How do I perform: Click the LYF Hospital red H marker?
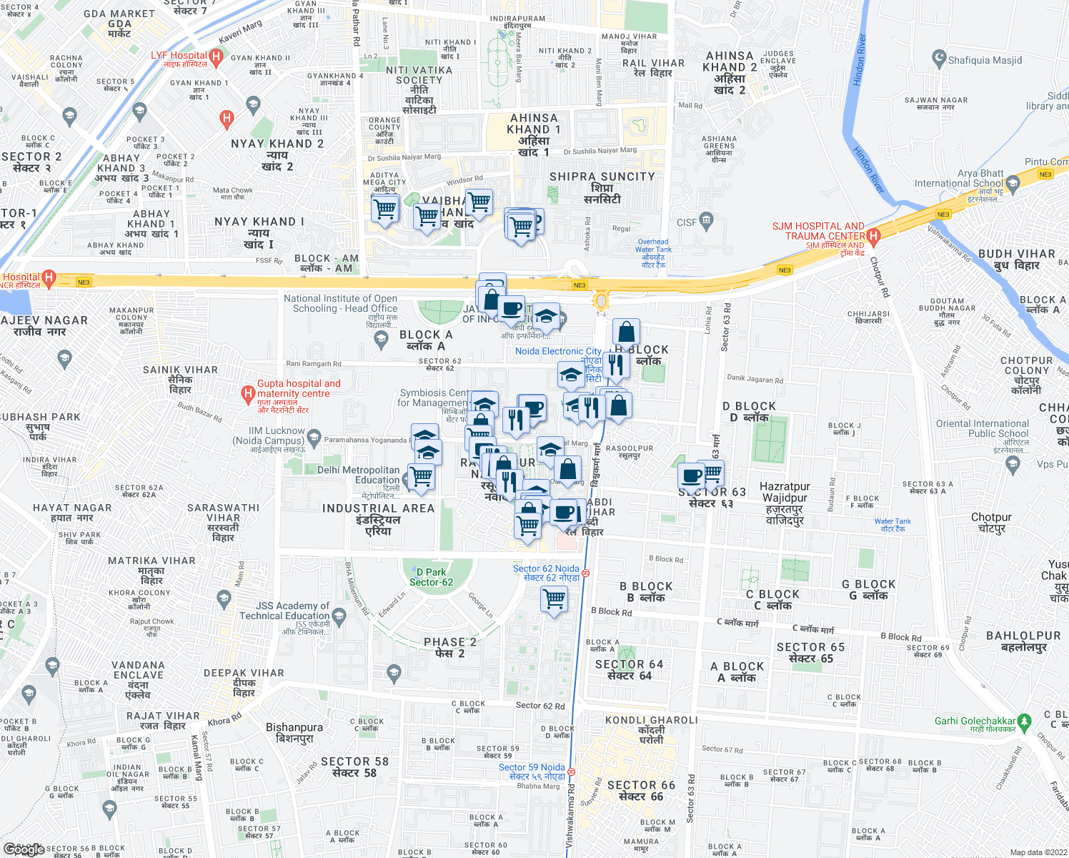pos(217,56)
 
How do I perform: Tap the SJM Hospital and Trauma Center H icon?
pos(872,236)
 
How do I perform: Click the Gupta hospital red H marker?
pos(248,393)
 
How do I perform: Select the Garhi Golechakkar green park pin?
pos(1025,721)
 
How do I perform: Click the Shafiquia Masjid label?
pos(985,60)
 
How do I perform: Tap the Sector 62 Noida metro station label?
pos(546,573)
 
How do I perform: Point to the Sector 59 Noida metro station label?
pos(532,771)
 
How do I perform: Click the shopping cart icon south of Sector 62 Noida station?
pos(555,598)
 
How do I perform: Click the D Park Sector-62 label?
pos(431,577)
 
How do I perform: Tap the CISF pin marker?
pos(707,220)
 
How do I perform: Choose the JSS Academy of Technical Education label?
pos(284,611)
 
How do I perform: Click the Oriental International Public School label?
pos(983,428)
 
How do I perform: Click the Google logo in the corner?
pos(24,849)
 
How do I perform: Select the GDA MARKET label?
pos(119,19)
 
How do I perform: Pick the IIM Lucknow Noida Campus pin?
pos(313,435)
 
